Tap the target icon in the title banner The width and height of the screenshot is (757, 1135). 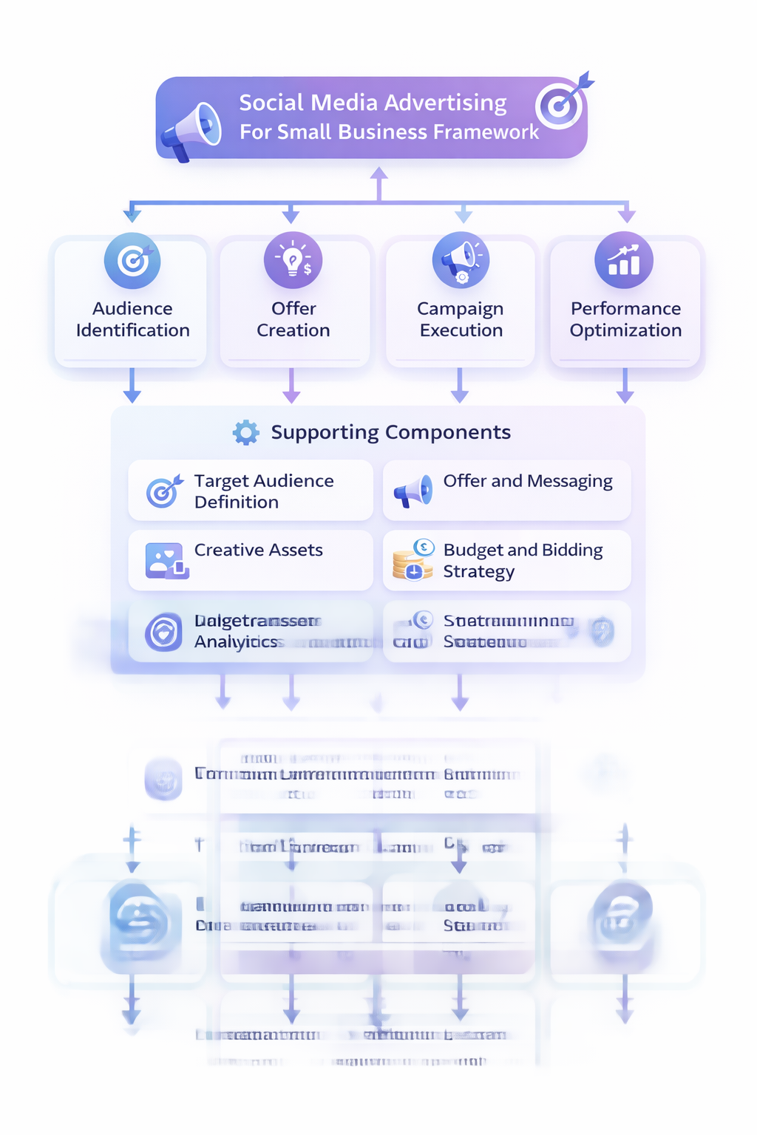point(560,105)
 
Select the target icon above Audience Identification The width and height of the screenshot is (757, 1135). point(132,261)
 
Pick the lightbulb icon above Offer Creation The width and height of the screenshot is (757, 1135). point(293,261)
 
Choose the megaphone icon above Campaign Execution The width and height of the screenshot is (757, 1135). point(461,261)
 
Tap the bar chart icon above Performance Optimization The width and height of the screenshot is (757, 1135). point(624,261)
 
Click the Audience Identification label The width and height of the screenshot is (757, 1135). point(133,319)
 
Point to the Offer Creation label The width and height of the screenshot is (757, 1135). point(293,319)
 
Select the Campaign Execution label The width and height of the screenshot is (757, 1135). point(461,319)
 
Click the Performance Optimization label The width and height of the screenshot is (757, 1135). point(625,319)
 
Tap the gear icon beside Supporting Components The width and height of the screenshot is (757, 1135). point(245,432)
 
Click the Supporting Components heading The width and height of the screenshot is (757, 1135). point(390,432)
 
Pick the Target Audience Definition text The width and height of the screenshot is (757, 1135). point(263,491)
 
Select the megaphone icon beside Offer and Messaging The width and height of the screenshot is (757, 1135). point(413,491)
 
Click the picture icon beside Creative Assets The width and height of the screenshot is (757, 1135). point(166,560)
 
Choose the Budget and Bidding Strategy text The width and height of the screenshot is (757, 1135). point(523,561)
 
